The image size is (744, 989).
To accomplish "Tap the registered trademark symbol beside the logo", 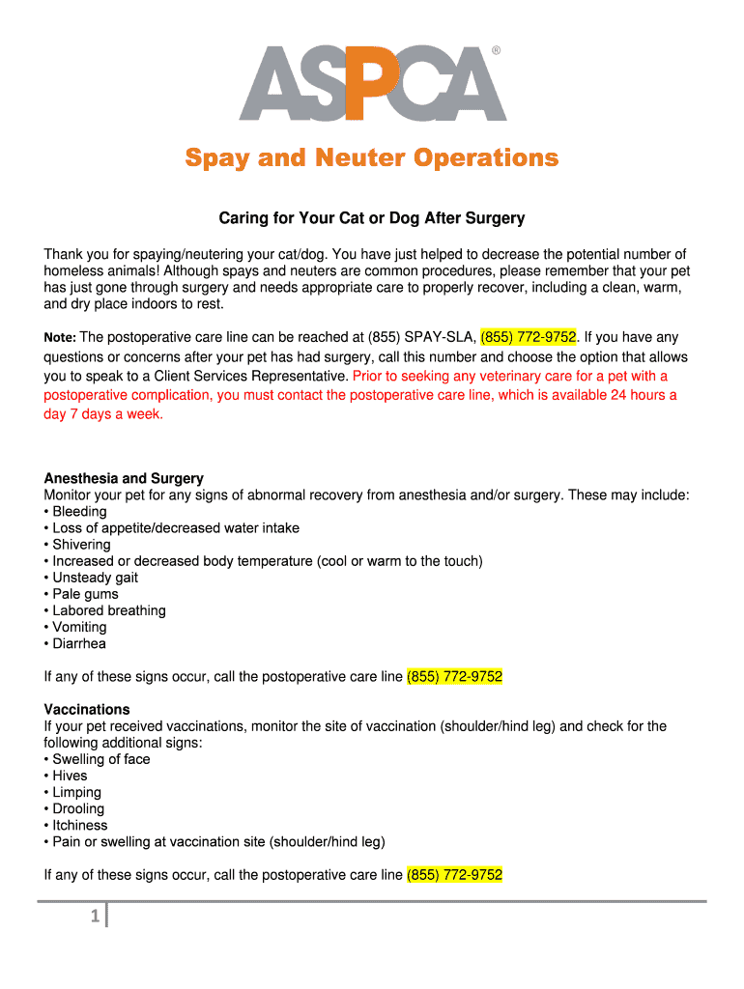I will pos(497,50).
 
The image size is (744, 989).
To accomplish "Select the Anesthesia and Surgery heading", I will pos(124,478).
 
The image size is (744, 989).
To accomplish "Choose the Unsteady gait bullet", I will pos(95,578).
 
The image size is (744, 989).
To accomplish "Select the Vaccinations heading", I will pos(87,709).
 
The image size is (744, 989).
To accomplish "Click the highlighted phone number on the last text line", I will pos(454,875).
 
